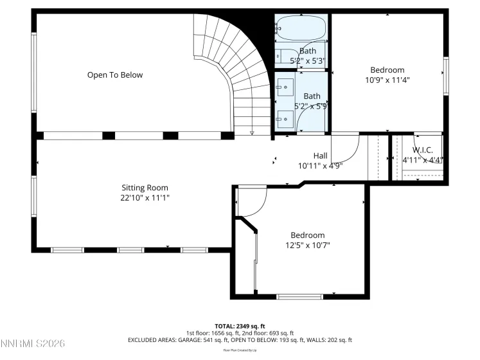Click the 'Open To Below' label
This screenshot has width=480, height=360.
(115, 75)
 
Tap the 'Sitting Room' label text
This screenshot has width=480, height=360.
(145, 188)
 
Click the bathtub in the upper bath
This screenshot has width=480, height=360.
(301, 28)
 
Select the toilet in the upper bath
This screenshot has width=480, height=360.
(282, 55)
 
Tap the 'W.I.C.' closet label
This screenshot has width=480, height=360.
(422, 150)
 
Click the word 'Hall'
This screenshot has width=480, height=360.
(320, 156)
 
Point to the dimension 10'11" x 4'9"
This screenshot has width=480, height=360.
(320, 165)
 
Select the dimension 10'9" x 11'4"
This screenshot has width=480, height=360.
(387, 80)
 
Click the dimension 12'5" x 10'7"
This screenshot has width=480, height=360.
(307, 245)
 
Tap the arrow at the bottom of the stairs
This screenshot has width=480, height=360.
(252, 133)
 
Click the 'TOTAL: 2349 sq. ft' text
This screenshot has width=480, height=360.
(240, 326)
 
